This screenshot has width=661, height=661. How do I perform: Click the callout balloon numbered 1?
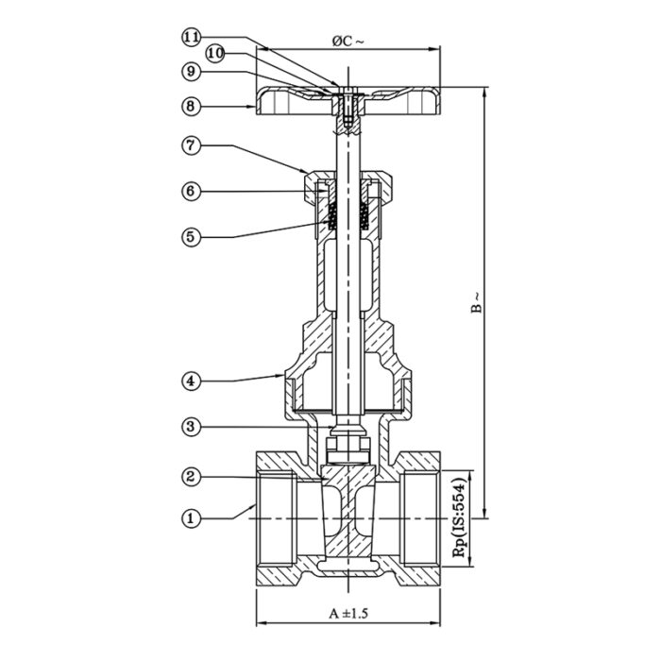click(192, 517)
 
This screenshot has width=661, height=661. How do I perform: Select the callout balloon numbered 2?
click(192, 477)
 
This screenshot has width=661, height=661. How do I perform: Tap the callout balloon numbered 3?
click(192, 428)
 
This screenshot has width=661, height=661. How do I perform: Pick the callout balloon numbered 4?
click(192, 381)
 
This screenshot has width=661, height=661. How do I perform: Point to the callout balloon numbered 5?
click(192, 235)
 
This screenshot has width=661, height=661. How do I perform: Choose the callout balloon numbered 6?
click(192, 191)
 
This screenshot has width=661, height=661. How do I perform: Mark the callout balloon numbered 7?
click(192, 146)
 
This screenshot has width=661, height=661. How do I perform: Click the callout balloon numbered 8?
click(192, 107)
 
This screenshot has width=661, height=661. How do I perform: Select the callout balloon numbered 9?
click(192, 71)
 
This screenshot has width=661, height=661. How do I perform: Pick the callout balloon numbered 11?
click(192, 37)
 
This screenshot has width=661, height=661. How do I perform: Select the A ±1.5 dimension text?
click(347, 613)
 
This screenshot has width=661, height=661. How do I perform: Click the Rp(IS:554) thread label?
click(461, 517)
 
